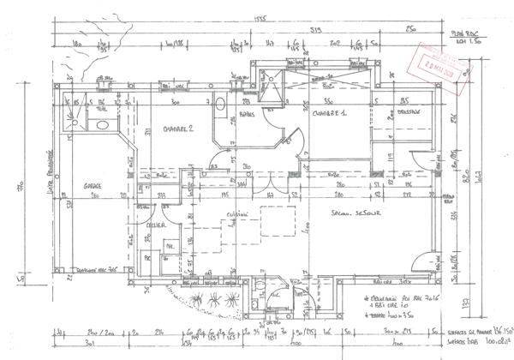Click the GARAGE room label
click(93, 185)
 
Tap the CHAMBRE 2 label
click(180, 129)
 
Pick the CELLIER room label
click(155, 225)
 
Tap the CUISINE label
click(226, 215)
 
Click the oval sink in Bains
click(219, 105)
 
